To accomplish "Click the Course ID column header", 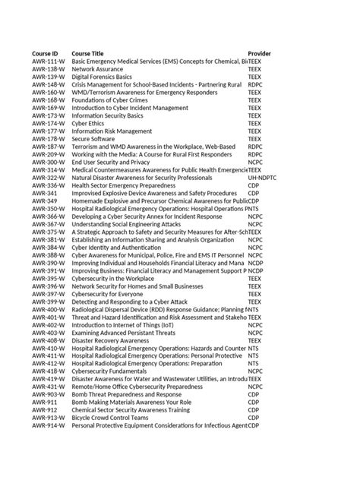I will pos(44,55).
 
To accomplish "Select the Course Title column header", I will pos(87,55).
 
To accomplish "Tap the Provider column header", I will pos(260,55).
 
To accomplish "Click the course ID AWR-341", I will pos(43,193).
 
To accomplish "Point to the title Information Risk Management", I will pos(112,131).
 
